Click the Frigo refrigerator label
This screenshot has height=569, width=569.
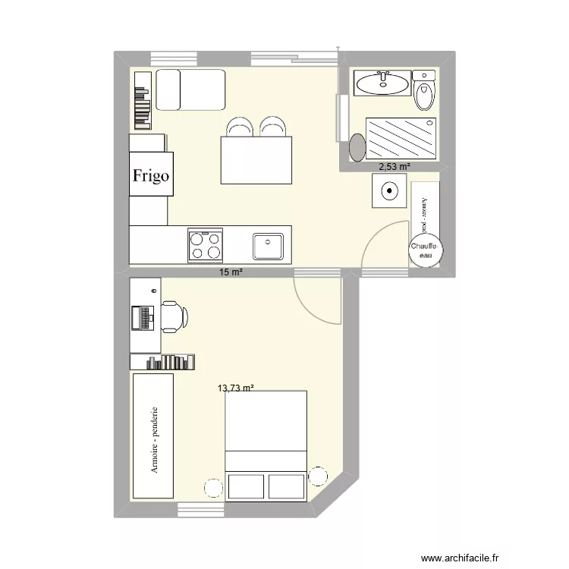151,175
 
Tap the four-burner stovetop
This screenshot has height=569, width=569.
206,245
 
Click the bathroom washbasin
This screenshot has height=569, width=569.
382,83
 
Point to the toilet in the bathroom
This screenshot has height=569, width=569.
424,91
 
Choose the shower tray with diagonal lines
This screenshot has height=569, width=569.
401,138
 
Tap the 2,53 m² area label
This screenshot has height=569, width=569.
395,166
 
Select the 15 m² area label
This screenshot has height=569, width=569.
231,272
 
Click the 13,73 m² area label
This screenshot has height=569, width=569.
235,388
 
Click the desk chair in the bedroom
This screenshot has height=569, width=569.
172,316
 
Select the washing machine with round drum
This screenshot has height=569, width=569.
389,191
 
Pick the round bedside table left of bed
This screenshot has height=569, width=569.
213,487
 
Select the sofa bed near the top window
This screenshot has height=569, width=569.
190,89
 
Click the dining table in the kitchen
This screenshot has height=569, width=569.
256,160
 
